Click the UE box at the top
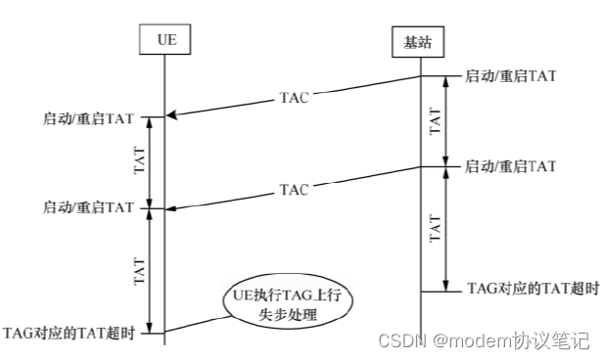click(163, 40)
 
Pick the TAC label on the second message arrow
click(294, 187)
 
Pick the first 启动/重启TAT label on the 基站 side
click(510, 75)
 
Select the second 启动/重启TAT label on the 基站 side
click(510, 165)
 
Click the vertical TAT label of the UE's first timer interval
click(138, 163)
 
